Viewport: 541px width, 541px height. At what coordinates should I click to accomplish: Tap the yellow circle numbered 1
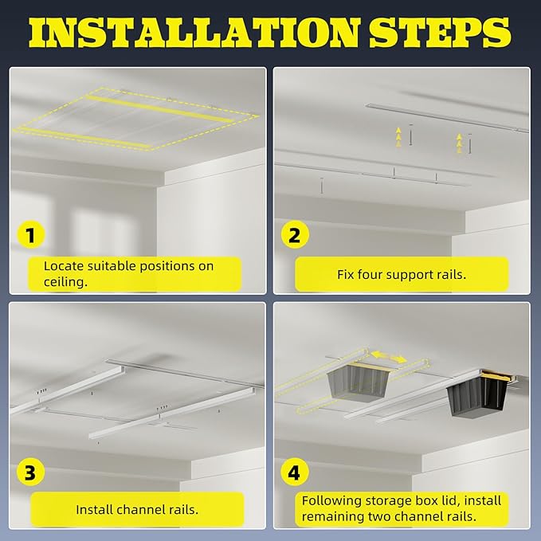tap(31, 235)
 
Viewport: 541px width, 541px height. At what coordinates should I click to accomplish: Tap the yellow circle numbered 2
tap(295, 235)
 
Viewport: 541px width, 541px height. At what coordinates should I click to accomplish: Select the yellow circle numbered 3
tap(31, 472)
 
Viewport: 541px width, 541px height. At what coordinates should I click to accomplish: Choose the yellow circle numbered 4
tap(294, 472)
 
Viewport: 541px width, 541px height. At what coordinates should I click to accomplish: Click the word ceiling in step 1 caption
tap(65, 282)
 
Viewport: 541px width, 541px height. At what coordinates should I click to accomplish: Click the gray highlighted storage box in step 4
tap(359, 382)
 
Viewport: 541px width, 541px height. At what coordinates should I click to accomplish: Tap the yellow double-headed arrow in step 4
tap(389, 357)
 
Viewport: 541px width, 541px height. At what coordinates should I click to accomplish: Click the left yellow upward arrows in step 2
tap(398, 137)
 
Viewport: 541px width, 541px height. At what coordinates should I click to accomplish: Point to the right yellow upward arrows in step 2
tap(459, 143)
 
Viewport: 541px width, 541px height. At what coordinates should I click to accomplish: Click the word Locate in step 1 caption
tap(64, 266)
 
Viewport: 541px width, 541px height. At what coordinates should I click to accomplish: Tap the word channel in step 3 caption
tap(138, 509)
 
